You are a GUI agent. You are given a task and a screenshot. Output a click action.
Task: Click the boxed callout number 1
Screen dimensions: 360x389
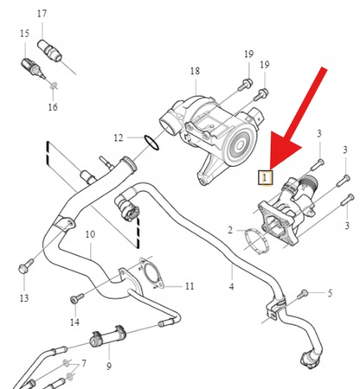pos(265,177)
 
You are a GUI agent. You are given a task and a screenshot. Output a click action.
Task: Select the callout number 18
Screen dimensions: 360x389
pos(195,71)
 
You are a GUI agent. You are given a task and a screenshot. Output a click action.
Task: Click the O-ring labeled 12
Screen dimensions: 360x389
pos(151,143)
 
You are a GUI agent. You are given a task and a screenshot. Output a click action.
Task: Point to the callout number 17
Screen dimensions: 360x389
pos(42,14)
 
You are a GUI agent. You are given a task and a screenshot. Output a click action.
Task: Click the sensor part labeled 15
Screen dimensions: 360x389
pos(33,68)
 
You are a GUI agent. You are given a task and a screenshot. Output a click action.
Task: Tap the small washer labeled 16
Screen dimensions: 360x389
pos(54,86)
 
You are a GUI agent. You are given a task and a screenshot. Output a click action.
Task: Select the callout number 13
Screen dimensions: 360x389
pos(24,298)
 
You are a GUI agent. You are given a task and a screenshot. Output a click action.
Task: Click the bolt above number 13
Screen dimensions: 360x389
pos(26,266)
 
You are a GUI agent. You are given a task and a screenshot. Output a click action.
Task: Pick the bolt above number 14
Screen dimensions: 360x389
pos(77,298)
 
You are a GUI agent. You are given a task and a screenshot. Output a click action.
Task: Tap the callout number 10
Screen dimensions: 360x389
pos(90,234)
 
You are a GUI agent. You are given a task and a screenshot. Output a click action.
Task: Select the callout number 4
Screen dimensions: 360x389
pos(231,287)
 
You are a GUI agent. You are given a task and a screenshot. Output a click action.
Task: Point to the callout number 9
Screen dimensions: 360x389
pos(109,367)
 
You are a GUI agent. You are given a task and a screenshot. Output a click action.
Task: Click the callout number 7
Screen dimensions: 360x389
pos(83,363)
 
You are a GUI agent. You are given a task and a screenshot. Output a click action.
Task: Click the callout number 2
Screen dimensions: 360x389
pos(230,230)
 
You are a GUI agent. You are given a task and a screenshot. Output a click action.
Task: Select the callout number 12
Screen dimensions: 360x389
pos(119,137)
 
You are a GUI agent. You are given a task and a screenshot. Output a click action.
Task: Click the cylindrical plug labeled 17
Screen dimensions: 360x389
pos(49,51)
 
